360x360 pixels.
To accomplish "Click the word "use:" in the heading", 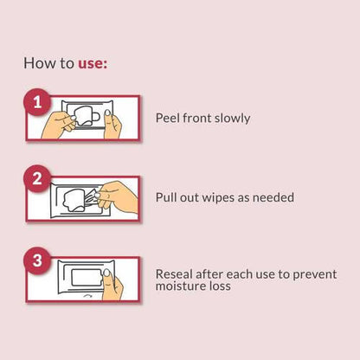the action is point(93,63).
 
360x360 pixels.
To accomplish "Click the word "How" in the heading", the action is point(35,63).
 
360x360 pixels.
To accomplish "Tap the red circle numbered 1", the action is point(37,102).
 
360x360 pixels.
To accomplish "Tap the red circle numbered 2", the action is point(37,179).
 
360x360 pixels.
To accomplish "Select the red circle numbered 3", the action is point(37,260).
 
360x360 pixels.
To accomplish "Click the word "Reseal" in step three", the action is point(174,274).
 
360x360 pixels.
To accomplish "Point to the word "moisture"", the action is point(177,286).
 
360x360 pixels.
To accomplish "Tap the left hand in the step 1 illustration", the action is point(58,125).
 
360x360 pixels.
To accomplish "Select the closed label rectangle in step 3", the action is point(86,277).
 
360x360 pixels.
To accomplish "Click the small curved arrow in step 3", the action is point(87,296).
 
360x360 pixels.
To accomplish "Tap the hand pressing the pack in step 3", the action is point(112,285).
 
